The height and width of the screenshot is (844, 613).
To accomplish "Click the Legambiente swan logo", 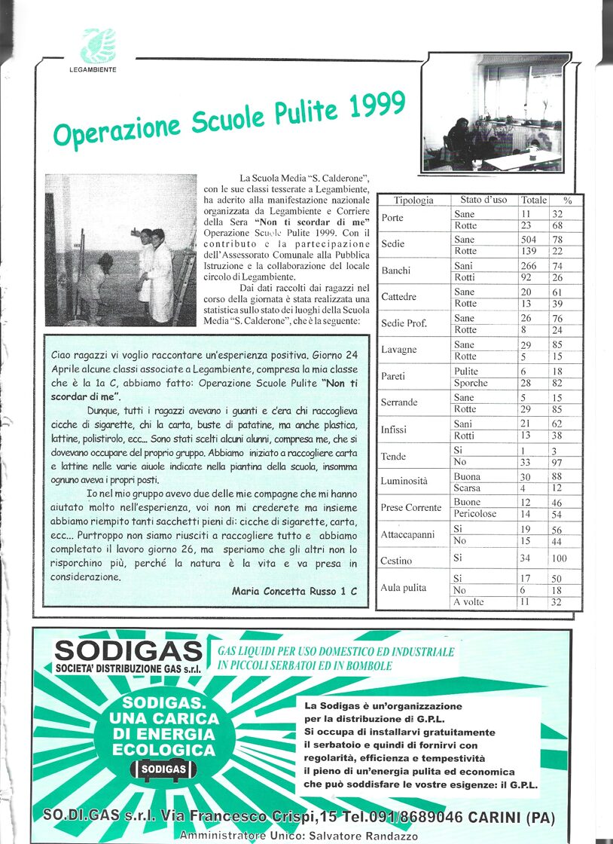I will click(99, 46).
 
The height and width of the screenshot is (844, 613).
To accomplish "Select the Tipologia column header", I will click(413, 200).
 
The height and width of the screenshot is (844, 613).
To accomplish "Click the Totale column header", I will click(534, 200).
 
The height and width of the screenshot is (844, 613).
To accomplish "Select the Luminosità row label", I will click(404, 481).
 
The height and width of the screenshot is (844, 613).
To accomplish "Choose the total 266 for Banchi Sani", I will click(529, 266).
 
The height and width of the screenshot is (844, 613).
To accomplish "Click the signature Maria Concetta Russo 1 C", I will click(294, 592).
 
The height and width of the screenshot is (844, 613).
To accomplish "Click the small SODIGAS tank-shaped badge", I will click(163, 769).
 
